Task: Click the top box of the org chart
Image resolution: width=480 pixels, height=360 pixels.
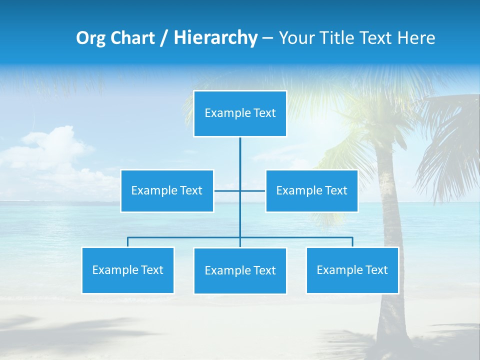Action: click(x=240, y=113)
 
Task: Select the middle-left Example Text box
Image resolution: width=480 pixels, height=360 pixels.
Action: click(x=167, y=190)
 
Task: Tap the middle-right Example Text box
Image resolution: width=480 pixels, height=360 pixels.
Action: click(x=311, y=190)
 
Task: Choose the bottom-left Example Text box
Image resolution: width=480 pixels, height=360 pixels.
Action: click(x=127, y=270)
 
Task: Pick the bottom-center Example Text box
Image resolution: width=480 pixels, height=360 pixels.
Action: click(x=240, y=270)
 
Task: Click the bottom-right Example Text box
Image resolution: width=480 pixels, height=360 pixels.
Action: click(x=352, y=270)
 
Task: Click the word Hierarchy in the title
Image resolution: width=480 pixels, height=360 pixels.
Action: click(x=215, y=37)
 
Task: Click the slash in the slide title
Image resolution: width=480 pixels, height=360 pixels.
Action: click(x=164, y=38)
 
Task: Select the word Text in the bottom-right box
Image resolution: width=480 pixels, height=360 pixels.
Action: click(x=376, y=270)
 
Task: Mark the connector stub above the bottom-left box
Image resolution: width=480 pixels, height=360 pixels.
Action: click(x=127, y=242)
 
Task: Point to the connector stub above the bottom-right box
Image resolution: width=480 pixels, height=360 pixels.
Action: click(x=352, y=242)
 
